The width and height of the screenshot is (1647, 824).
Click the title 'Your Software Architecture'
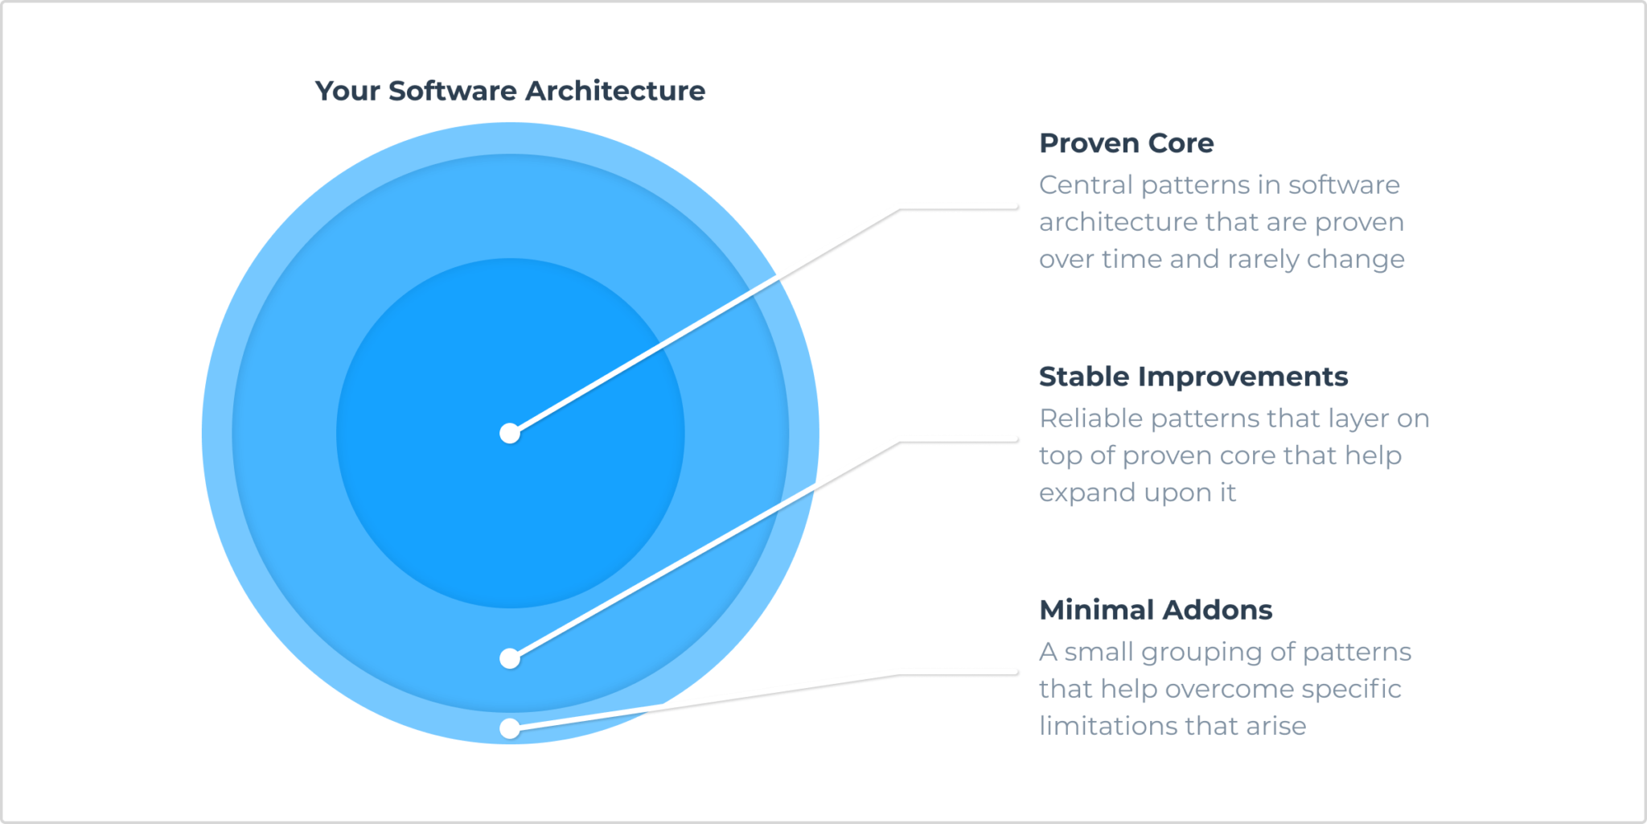[x=510, y=91]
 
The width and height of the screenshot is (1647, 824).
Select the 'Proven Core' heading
[x=1126, y=143]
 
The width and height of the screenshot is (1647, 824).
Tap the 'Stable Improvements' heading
[x=1193, y=377]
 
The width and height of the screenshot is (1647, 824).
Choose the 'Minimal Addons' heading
[x=1155, y=610]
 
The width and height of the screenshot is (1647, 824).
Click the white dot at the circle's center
[x=510, y=434]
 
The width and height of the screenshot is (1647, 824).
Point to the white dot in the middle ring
[x=510, y=659]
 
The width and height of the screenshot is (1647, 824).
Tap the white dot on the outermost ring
[x=510, y=728]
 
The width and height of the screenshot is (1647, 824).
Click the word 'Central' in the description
[x=1086, y=185]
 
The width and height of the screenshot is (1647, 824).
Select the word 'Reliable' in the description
[x=1090, y=418]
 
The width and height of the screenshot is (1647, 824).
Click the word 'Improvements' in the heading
[x=1242, y=377]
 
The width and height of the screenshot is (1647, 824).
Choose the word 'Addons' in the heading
[x=1217, y=610]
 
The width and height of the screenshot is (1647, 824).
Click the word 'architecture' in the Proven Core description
[x=1107, y=222]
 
